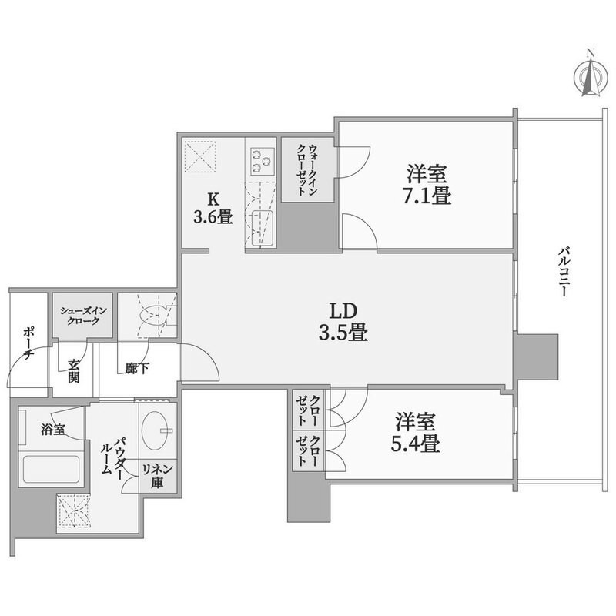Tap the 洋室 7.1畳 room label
[x=424, y=185]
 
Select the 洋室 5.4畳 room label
[x=417, y=433]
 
